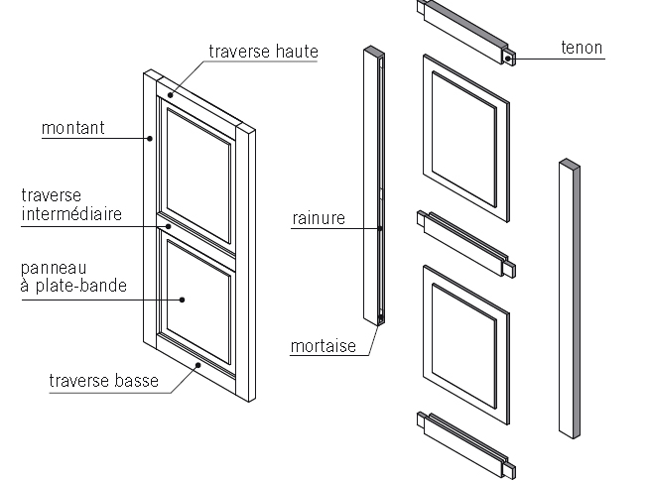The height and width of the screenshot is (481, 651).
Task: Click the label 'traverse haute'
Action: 262,51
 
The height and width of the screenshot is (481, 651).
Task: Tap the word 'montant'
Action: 73,128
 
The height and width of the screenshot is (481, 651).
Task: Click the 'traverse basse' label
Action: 98,379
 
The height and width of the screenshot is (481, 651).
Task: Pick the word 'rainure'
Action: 319,218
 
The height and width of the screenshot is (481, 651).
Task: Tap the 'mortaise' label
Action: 323,346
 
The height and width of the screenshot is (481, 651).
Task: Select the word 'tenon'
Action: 581,48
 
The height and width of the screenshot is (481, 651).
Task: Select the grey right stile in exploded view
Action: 569,298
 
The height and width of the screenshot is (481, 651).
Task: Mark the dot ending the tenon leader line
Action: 508,59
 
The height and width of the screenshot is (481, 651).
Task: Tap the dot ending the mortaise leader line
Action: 380,320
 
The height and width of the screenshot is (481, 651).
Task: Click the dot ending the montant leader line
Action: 150,139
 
